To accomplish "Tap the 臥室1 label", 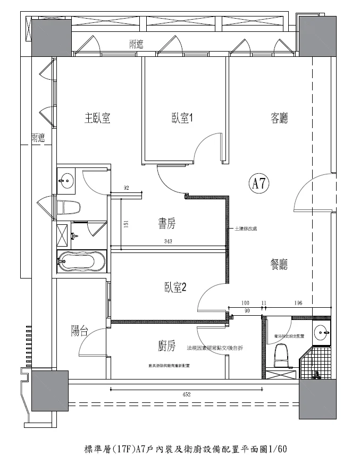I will [181, 119].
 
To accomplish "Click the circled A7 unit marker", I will [259, 184].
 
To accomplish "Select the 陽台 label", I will [79, 331].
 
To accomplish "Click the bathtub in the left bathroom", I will [82, 262].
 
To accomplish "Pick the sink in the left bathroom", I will [67, 180].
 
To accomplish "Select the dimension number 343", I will [169, 242].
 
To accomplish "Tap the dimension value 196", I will [298, 303].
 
